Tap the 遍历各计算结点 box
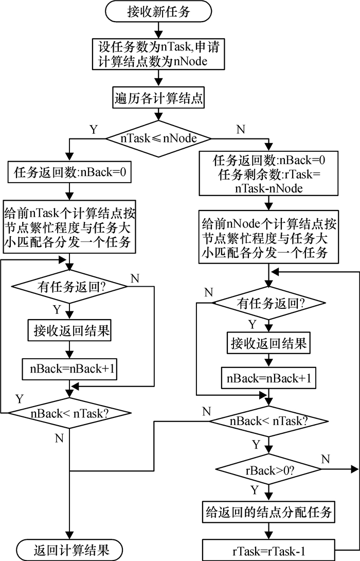(x=157, y=98)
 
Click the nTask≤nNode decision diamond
(x=157, y=138)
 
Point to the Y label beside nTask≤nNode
(x=94, y=130)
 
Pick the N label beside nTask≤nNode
(x=240, y=130)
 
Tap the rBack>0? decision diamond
(x=266, y=469)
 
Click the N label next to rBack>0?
(x=325, y=458)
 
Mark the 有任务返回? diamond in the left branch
(x=69, y=286)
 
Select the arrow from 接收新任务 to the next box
(x=157, y=30)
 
